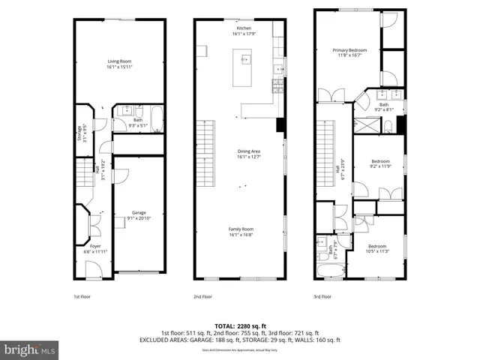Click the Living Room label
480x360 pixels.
120,64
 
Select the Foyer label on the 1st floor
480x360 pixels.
95,248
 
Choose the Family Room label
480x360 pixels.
241,231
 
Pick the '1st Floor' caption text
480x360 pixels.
82,296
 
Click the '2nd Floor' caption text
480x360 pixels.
202,296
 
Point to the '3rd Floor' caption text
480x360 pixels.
322,296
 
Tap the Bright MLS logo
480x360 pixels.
30,350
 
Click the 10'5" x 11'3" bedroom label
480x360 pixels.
376,249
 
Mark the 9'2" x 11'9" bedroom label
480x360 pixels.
381,163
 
